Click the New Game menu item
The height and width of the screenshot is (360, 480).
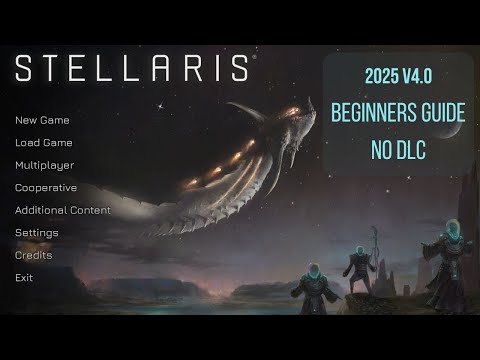pos(42,120)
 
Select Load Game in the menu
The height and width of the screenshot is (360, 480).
pos(43,142)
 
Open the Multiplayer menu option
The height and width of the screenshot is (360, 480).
pos(44,165)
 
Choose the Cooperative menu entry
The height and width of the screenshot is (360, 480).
pos(46,187)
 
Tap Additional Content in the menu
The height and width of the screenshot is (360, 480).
pos(62,210)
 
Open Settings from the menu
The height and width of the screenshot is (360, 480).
pos(36,232)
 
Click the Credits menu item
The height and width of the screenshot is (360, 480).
pos(33,255)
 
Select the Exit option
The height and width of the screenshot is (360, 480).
pos(24,277)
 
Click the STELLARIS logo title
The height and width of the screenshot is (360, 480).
pos(131,69)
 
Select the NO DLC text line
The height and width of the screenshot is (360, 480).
pos(398,148)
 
